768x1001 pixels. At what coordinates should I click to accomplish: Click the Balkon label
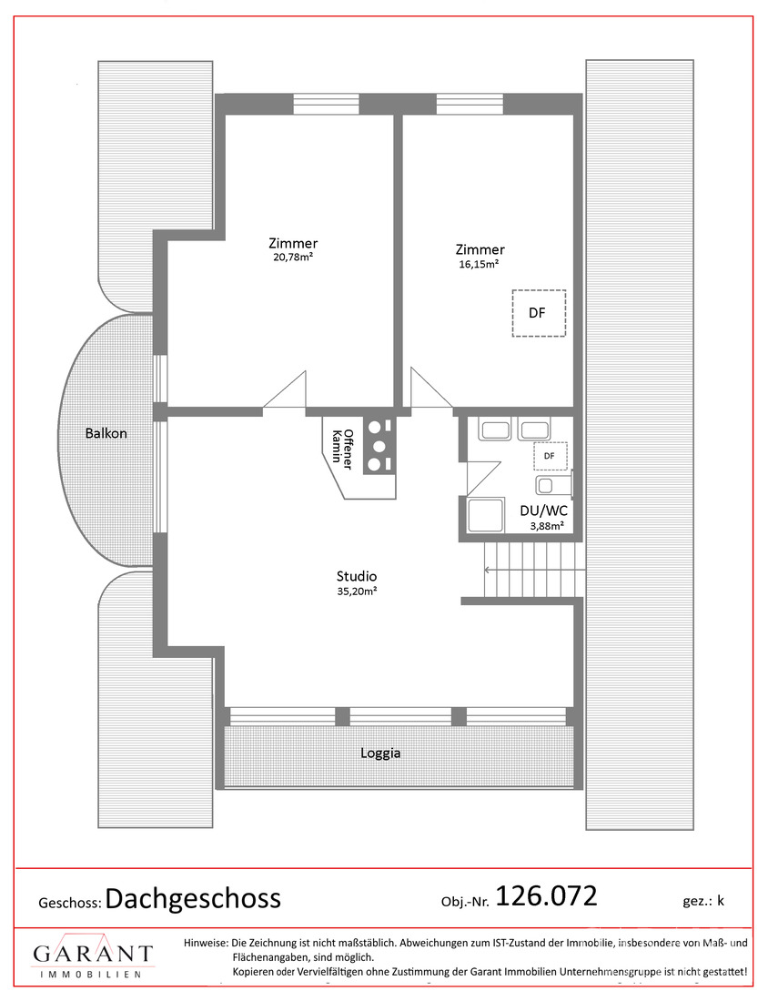(106, 433)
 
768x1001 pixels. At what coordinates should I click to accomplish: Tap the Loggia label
(380, 753)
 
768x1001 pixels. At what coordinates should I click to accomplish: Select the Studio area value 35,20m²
(357, 591)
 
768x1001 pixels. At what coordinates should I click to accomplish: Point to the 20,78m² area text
(293, 258)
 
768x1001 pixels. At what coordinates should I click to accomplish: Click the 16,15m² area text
(479, 264)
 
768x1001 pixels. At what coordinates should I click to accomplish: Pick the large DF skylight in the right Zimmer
(539, 313)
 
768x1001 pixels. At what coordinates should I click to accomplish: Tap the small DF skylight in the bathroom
(550, 456)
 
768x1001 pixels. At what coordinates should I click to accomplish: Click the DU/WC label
(544, 511)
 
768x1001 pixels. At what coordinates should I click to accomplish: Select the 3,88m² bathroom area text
(547, 527)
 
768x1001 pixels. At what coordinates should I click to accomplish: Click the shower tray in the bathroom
(484, 515)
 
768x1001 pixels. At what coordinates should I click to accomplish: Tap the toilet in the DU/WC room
(553, 484)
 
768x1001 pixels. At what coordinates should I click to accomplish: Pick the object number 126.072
(547, 895)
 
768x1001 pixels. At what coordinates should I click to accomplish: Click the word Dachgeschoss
(193, 899)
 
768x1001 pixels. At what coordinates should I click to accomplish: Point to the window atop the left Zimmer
(326, 104)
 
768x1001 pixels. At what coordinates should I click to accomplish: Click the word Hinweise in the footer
(206, 943)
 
